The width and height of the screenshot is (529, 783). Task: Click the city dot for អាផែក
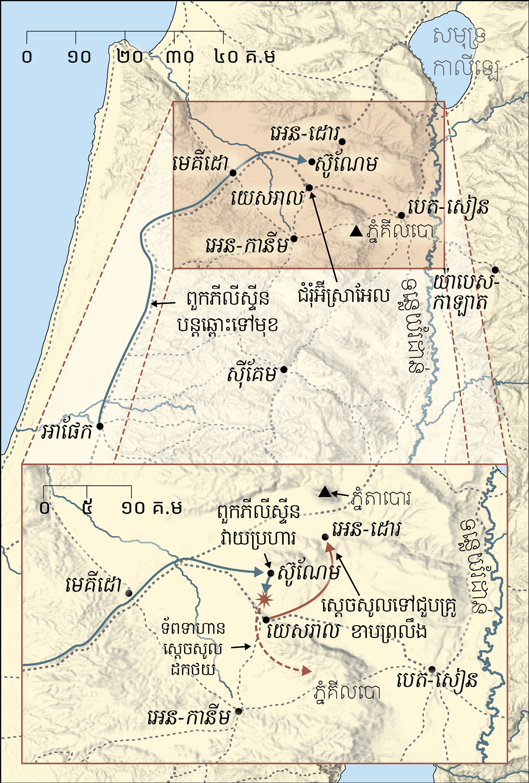click(100, 426)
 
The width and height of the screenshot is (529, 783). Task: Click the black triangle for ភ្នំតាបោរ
click(325, 492)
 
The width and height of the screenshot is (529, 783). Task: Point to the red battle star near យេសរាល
click(264, 599)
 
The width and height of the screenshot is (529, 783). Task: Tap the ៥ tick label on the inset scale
click(87, 508)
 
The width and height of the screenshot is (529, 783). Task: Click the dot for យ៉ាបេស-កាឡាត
click(495, 270)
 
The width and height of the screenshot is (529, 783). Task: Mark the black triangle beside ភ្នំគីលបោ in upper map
click(356, 232)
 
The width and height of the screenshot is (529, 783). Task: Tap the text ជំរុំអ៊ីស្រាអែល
click(344, 296)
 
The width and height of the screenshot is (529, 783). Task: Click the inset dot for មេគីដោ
click(128, 593)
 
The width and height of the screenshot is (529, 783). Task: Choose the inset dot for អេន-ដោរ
click(325, 537)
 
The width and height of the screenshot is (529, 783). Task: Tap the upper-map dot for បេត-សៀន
click(401, 216)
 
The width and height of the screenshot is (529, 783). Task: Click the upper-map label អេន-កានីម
click(247, 246)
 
